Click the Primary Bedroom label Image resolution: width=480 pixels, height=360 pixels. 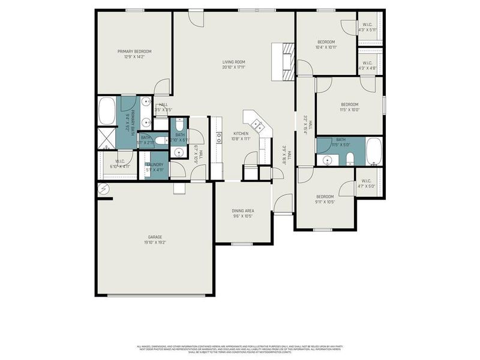tap(134, 52)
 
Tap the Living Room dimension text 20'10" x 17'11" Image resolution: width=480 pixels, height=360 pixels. tap(233, 67)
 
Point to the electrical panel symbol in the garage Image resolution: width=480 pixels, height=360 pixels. tap(103, 189)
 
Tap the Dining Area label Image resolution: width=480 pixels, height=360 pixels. tap(243, 211)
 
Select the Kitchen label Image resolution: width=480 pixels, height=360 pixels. tap(241, 133)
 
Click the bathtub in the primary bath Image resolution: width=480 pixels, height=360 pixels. tap(107, 111)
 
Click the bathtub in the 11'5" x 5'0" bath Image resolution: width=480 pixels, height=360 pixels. tap(373, 152)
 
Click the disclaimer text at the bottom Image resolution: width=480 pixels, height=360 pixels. tap(240, 348)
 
